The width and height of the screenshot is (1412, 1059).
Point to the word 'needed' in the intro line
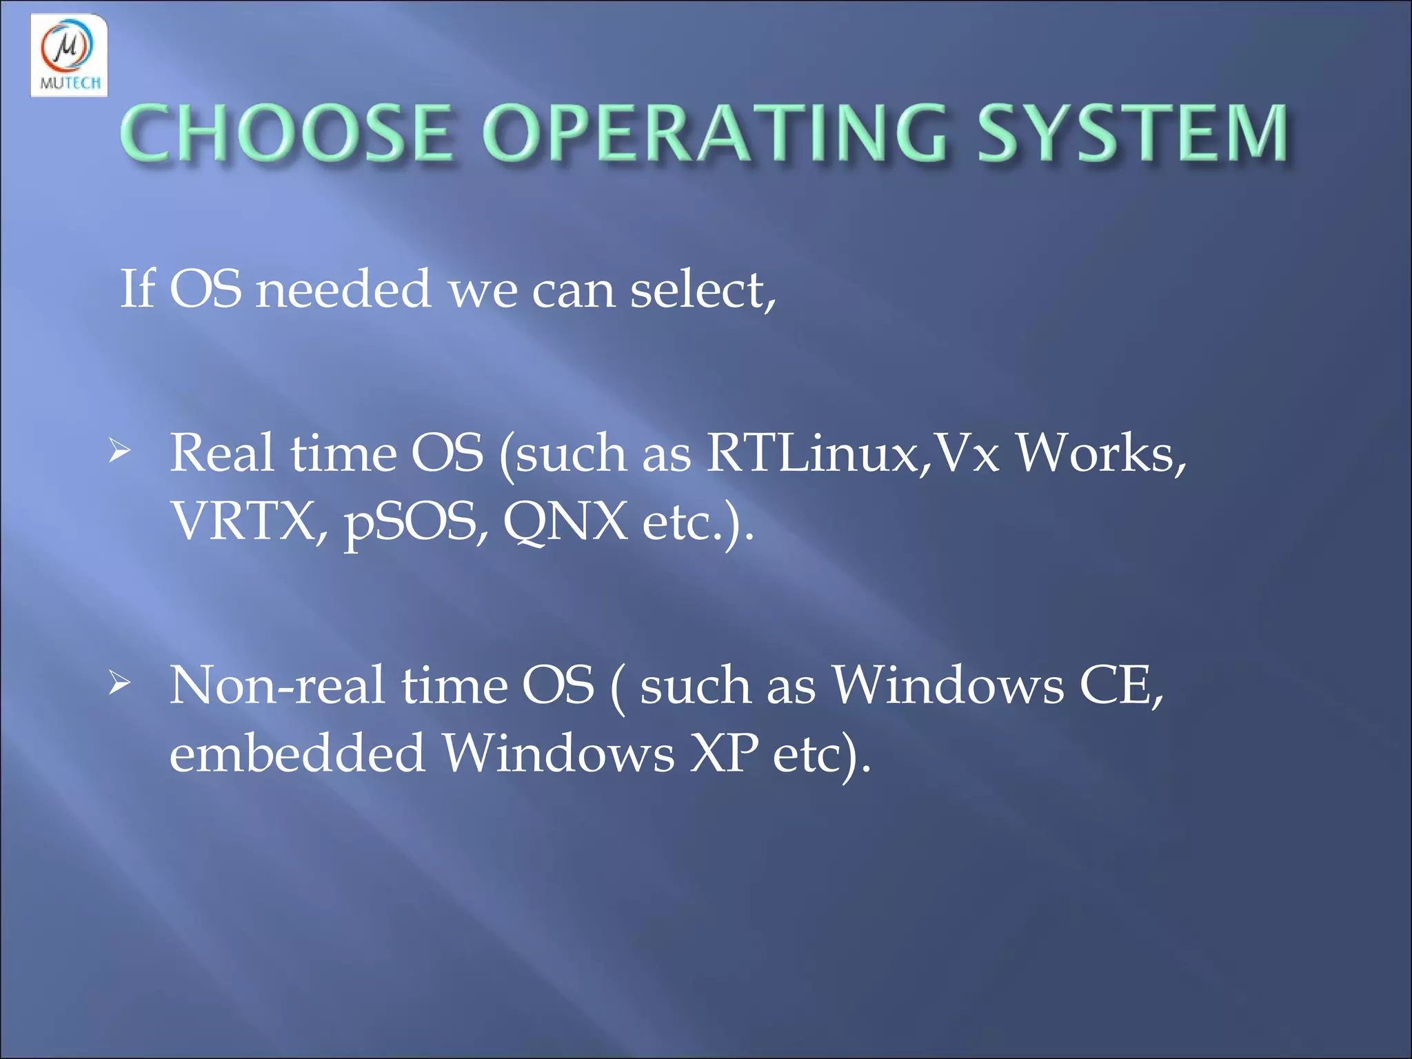tap(343, 290)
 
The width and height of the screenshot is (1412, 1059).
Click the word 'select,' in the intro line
tap(703, 290)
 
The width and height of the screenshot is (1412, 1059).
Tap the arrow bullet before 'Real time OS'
tap(119, 453)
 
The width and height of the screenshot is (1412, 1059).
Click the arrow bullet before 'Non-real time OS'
tap(119, 684)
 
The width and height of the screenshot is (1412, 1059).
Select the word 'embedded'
tap(297, 752)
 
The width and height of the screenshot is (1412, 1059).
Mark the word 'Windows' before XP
tap(558, 752)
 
